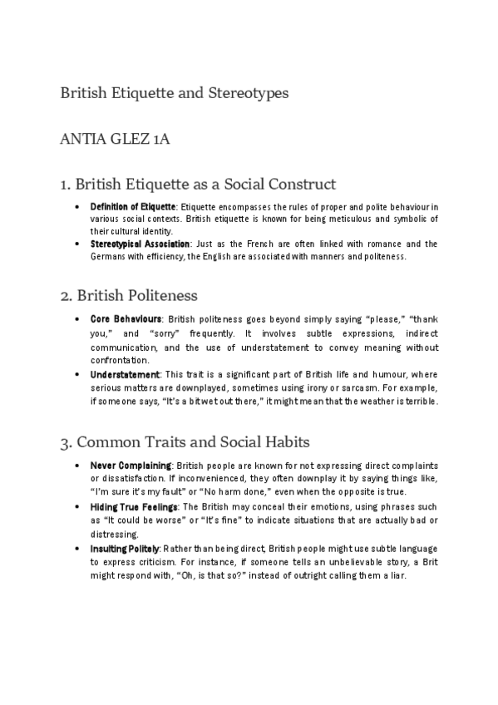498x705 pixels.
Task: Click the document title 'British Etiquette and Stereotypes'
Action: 174,93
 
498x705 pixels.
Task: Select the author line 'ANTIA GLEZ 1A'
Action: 126,139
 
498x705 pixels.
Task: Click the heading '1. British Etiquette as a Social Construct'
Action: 198,184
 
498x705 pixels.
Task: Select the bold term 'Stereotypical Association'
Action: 140,244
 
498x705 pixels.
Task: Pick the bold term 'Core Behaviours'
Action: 126,319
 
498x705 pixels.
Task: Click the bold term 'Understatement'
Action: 125,376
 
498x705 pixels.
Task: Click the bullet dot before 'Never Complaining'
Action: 76,466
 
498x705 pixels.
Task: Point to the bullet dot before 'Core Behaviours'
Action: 76,319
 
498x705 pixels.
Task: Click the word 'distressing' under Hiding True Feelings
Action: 114,534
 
